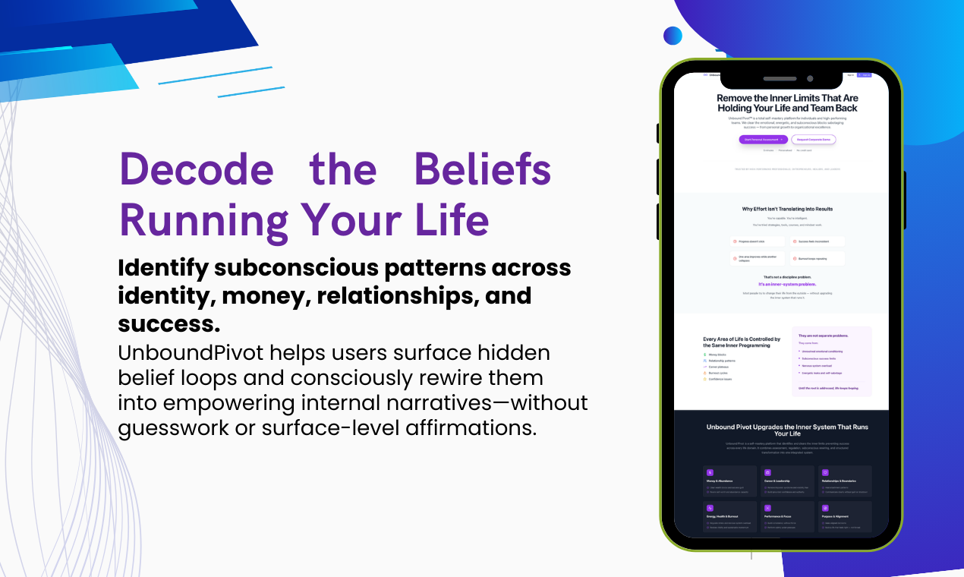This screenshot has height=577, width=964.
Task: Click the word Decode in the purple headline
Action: coord(196,169)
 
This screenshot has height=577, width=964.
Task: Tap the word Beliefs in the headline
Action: coord(482,169)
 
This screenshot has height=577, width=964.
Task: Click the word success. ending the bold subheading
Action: coord(169,323)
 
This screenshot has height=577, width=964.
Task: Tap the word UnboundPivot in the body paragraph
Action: coord(199,353)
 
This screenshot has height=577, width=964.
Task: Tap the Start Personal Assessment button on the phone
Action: coord(763,140)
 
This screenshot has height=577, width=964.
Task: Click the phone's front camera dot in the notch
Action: coord(810,78)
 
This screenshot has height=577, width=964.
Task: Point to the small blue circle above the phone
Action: coord(673,36)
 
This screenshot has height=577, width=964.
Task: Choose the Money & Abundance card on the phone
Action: coord(729,481)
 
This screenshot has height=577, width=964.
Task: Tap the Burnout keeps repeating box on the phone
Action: coord(817,258)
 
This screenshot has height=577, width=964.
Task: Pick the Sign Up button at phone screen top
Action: coord(864,75)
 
